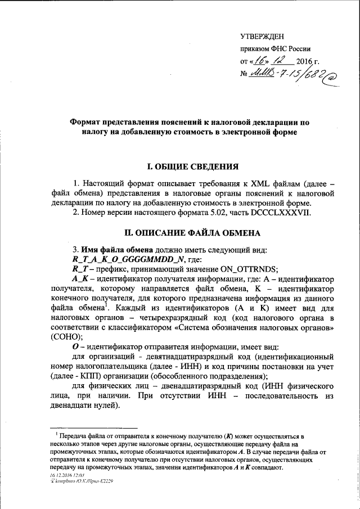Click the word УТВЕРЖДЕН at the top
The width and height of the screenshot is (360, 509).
tap(262, 36)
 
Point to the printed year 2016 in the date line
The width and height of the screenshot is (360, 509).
tap(304, 61)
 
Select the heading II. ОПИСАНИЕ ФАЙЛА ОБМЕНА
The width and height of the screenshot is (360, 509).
tap(192, 232)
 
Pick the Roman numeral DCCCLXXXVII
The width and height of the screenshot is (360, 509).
tap(280, 213)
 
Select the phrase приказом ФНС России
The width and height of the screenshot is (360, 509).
tap(275, 48)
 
